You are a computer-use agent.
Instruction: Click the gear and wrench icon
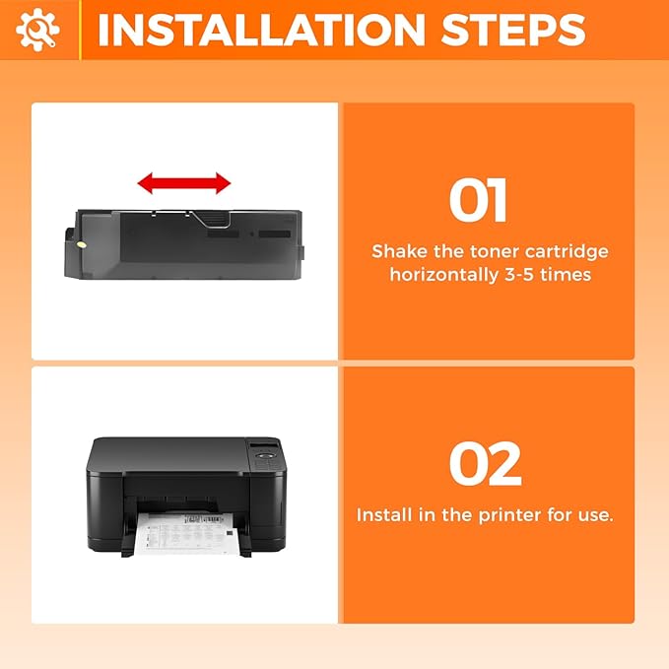pyautogui.click(x=37, y=30)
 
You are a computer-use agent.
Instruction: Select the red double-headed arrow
pyautogui.click(x=183, y=182)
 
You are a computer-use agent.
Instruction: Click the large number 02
pyautogui.click(x=485, y=465)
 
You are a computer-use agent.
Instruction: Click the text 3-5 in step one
pyautogui.click(x=522, y=275)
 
